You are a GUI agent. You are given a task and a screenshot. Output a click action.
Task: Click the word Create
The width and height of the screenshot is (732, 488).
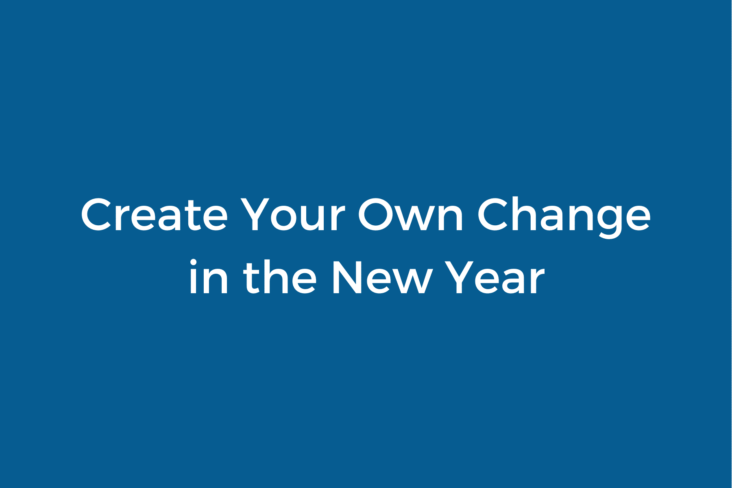[154, 215]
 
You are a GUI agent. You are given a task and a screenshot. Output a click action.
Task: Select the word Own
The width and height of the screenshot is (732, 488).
[410, 215]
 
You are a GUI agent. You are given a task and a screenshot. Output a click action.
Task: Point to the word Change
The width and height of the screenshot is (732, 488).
[564, 215]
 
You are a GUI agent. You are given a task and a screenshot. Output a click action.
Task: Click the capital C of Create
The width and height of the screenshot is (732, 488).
[98, 215]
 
